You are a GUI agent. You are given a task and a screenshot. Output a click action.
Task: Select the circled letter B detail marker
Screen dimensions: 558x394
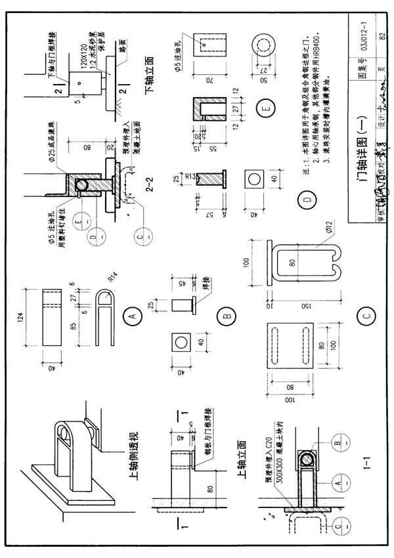[225, 316]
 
